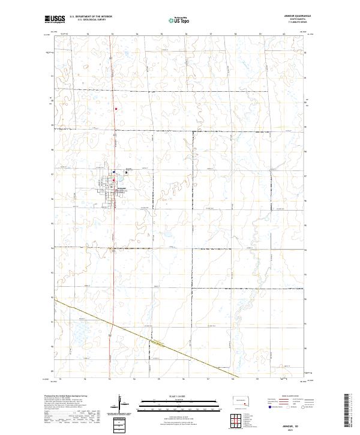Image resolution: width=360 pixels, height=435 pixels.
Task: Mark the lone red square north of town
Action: pos(117,109)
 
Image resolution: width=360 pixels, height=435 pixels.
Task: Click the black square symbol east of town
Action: pos(126,173)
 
